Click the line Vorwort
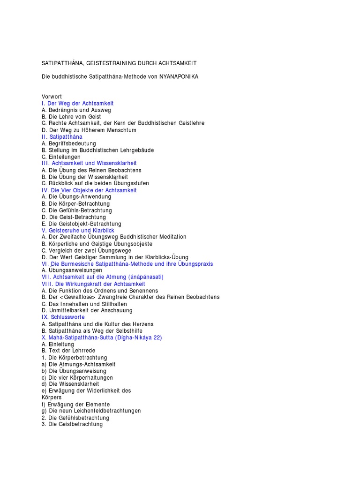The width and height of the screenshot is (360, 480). coord(52,97)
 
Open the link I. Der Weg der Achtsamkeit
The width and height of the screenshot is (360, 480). coord(77,103)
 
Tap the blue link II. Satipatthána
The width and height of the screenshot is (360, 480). coord(62,137)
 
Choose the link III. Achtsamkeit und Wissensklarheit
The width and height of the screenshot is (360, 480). coord(89,163)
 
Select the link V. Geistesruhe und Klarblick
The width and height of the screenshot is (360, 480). coord(78,231)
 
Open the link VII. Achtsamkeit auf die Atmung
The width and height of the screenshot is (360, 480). coord(102,277)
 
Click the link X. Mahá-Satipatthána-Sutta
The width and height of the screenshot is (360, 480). coord(101,337)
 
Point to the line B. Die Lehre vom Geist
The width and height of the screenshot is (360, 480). coord(71,117)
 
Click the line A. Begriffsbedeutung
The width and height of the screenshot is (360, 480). coord(68,143)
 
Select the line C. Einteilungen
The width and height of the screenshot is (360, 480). coord(61,157)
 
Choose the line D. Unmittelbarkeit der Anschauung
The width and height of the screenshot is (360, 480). coord(87,310)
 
